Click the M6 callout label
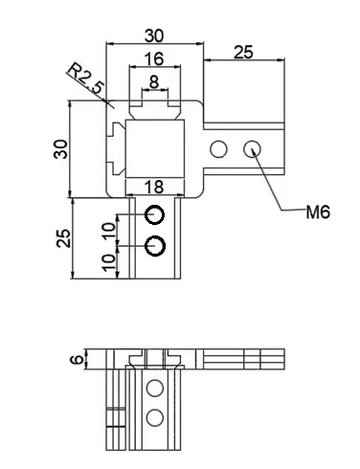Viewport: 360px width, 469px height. (318, 212)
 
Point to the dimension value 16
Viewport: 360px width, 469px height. (154, 59)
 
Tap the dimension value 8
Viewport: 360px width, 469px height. (154, 82)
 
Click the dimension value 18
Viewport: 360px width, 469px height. (154, 187)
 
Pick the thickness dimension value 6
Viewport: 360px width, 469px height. (77, 360)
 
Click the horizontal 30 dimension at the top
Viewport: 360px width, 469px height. (154, 35)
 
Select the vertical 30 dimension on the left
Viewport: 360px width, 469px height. (61, 149)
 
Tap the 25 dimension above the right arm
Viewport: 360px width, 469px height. (243, 53)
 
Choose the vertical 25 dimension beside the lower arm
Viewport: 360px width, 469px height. (63, 238)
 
